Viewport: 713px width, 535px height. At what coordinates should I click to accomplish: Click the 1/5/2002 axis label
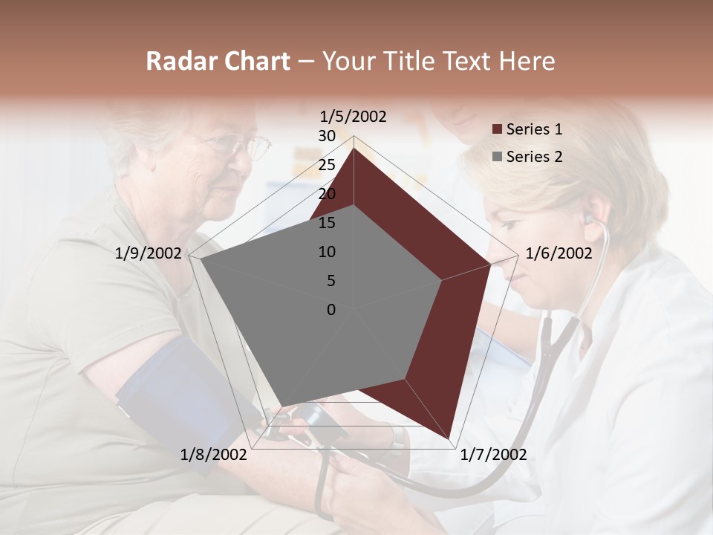coord(353,116)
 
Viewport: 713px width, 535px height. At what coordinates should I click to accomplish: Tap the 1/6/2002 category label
coord(559,253)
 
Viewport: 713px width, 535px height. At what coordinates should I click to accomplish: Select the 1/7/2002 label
coord(493,454)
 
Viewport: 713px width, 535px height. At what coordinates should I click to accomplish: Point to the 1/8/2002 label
coord(214,454)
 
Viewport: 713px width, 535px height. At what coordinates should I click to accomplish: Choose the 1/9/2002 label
coord(149,253)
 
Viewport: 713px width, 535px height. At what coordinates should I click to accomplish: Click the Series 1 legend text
coord(534,129)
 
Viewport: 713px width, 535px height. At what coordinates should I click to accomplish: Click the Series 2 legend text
coord(534,156)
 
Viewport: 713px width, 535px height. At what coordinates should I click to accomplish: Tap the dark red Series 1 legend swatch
coord(497,130)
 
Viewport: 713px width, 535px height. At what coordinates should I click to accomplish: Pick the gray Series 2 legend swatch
coord(497,157)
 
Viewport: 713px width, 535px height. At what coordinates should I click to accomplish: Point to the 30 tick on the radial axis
coord(327,136)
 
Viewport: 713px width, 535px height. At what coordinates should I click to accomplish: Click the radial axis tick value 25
coord(327,165)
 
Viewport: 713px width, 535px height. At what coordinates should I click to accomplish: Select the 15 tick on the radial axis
coord(327,223)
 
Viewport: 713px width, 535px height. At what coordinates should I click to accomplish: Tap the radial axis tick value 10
coord(327,252)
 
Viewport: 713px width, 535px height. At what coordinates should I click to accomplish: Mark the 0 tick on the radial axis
coord(331,310)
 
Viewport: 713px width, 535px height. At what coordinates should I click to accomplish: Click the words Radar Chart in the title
coord(218,61)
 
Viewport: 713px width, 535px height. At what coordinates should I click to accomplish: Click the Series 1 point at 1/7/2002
coord(449,438)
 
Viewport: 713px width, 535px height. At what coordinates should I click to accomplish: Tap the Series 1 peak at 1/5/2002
coord(354,148)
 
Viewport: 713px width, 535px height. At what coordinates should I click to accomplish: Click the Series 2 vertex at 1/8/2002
coord(281,407)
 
